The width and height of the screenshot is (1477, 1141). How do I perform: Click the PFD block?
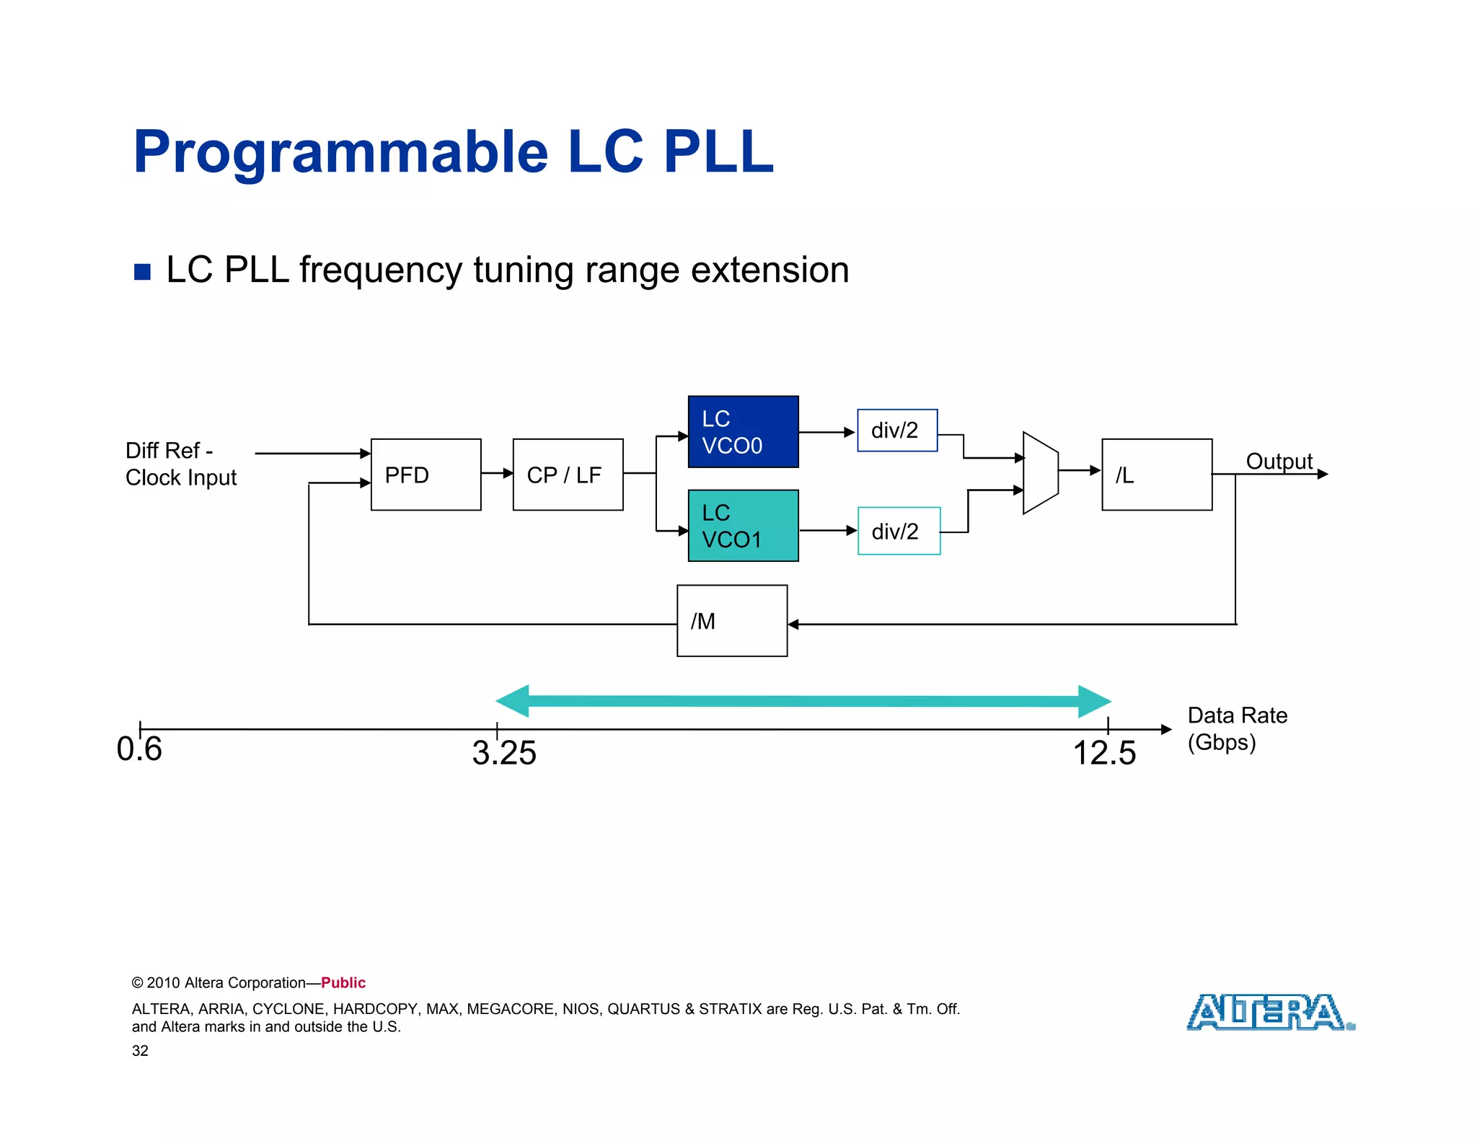point(426,475)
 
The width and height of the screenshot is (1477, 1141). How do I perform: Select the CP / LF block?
point(568,475)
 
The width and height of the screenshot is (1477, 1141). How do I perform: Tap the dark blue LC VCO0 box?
point(743,432)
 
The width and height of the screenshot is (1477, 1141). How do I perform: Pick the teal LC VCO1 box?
point(743,526)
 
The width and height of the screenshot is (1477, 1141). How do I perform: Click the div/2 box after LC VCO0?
point(896,431)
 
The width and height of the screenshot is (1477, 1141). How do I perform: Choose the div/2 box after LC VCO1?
point(899,532)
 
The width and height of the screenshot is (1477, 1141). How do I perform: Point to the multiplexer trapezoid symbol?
point(1040,473)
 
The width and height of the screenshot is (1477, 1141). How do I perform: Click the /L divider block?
point(1156,475)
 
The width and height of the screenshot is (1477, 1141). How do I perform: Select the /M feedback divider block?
point(731,621)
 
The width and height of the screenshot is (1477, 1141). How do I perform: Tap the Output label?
point(1279,462)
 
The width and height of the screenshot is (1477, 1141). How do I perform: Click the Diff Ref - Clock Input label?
point(180,464)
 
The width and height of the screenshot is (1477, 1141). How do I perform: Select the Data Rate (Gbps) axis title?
point(1236,728)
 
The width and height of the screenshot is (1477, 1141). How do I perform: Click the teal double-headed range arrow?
point(803,701)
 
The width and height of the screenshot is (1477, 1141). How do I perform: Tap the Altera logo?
point(1270,1012)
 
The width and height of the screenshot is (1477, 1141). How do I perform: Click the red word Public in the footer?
point(343,983)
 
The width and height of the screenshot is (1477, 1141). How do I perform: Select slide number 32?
point(140,1051)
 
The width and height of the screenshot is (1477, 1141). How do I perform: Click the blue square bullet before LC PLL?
point(143,272)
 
